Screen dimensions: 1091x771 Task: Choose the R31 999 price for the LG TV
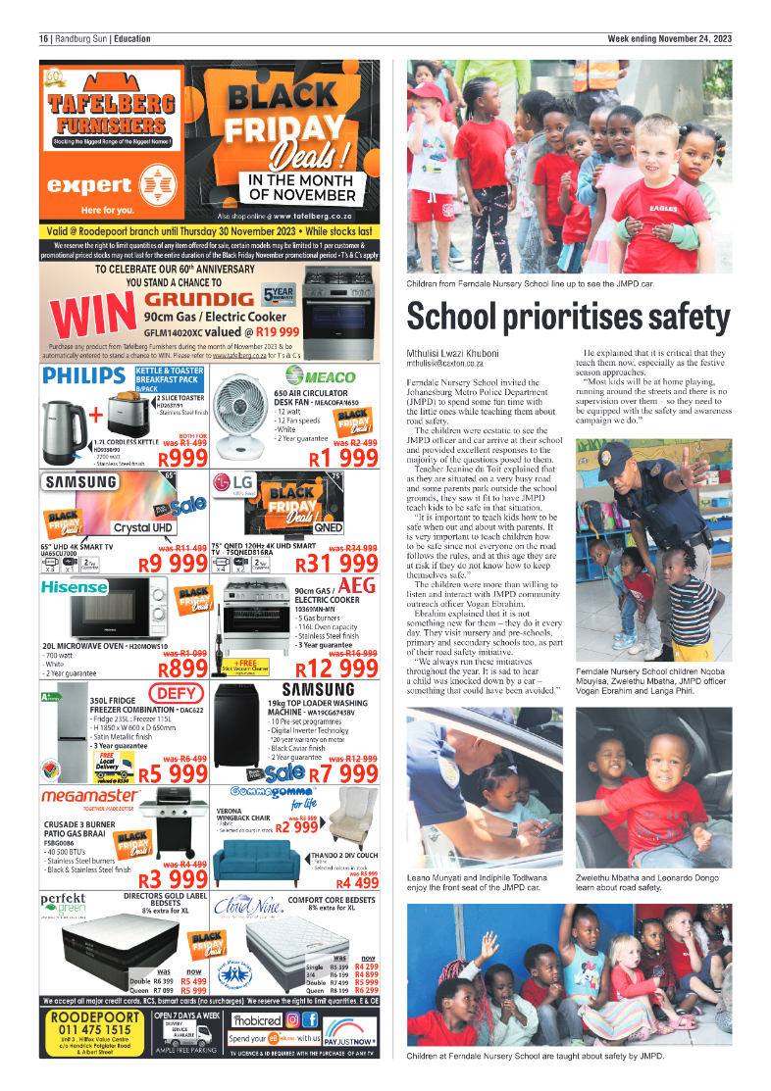point(338,563)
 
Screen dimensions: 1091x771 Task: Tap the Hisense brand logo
point(75,587)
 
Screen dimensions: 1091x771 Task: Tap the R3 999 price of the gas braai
point(174,877)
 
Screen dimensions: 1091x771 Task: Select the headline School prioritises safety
point(569,318)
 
